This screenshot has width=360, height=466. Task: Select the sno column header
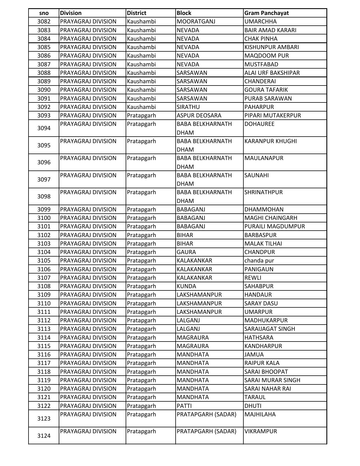pos(44,13)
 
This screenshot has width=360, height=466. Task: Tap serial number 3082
pos(44,21)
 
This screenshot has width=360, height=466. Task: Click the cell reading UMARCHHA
pos(260,21)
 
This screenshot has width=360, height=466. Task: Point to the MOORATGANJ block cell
pos(196,21)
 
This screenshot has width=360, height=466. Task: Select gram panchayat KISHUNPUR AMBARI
pos(271,47)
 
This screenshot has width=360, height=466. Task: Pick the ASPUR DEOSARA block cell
pos(199,115)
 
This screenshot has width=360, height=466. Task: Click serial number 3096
pos(44,162)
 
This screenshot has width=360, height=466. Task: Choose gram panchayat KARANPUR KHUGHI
pos(270,141)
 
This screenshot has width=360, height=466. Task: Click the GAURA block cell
pos(186,252)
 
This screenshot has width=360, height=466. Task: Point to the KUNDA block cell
pos(186,286)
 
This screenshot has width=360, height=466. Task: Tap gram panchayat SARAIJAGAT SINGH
pos(269,329)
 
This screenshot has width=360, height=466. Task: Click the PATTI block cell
pos(184,406)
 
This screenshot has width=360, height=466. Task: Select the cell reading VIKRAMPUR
pos(261,431)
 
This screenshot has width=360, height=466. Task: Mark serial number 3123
pos(44,419)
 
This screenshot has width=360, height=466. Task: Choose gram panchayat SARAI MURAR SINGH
pos(272,380)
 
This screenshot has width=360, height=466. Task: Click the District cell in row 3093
pos(141,115)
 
